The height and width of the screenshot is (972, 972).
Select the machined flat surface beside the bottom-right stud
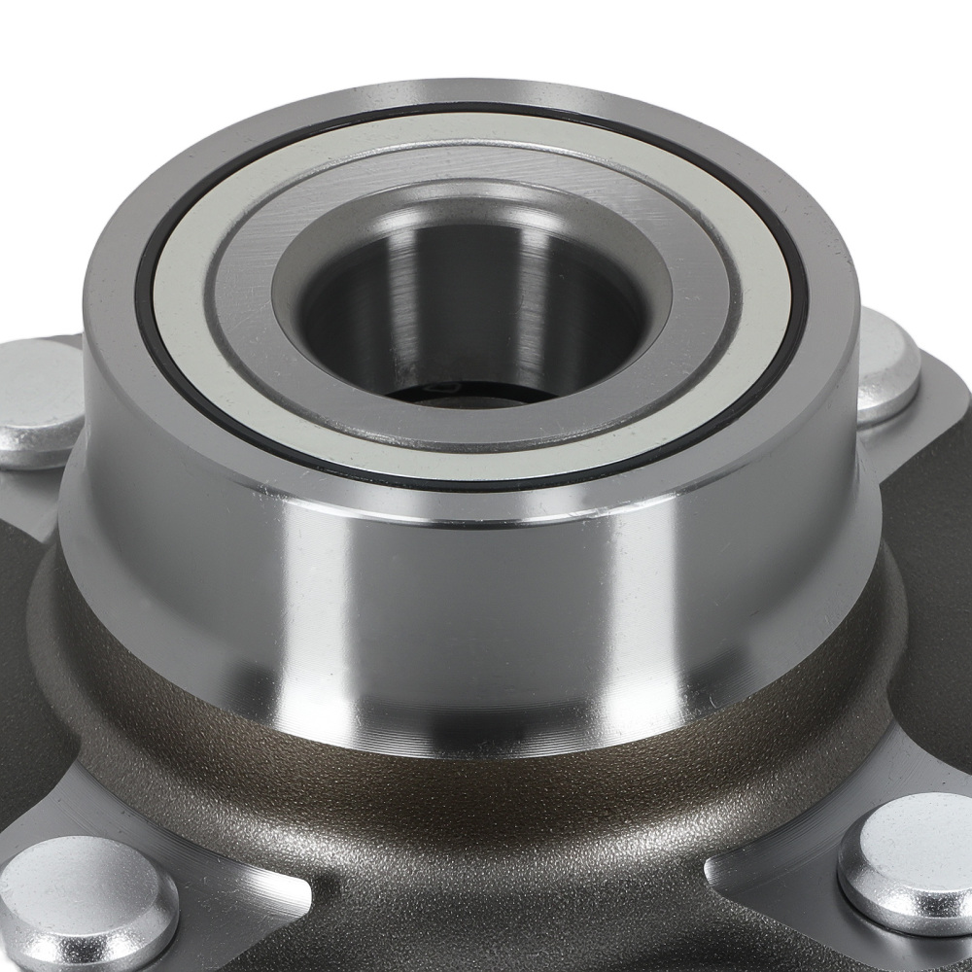(x=768, y=855)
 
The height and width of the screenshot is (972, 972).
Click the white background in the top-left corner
(x=58, y=58)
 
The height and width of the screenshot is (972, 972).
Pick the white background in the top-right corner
(x=914, y=58)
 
